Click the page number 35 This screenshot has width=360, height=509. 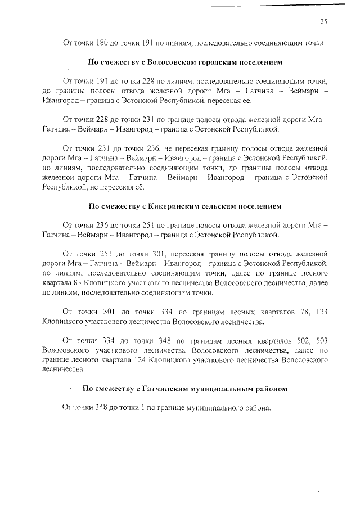click(x=323, y=21)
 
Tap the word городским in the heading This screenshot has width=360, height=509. click(x=212, y=61)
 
